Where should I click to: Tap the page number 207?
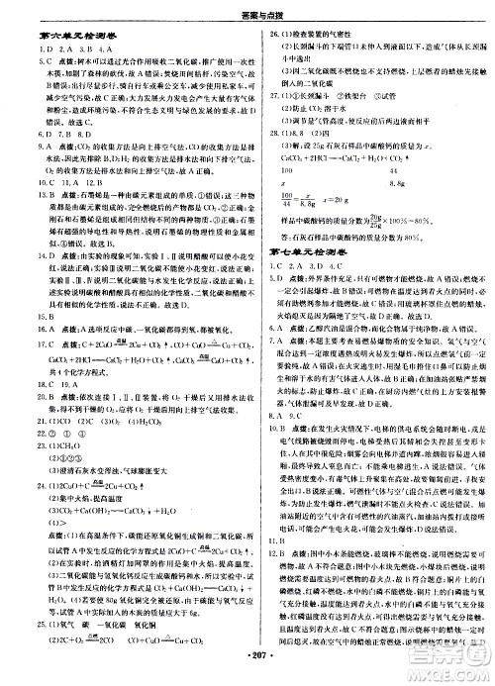click(247, 674)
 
